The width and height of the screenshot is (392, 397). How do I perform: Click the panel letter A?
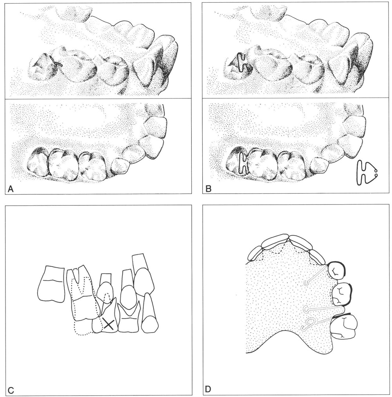[x=10, y=189]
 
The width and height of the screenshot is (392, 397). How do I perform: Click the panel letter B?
[x=209, y=189]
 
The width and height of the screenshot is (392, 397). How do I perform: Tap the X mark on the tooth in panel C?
[x=109, y=324]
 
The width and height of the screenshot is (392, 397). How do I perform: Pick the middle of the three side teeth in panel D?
[x=341, y=294]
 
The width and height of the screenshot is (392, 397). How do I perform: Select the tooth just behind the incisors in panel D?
[x=337, y=271]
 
